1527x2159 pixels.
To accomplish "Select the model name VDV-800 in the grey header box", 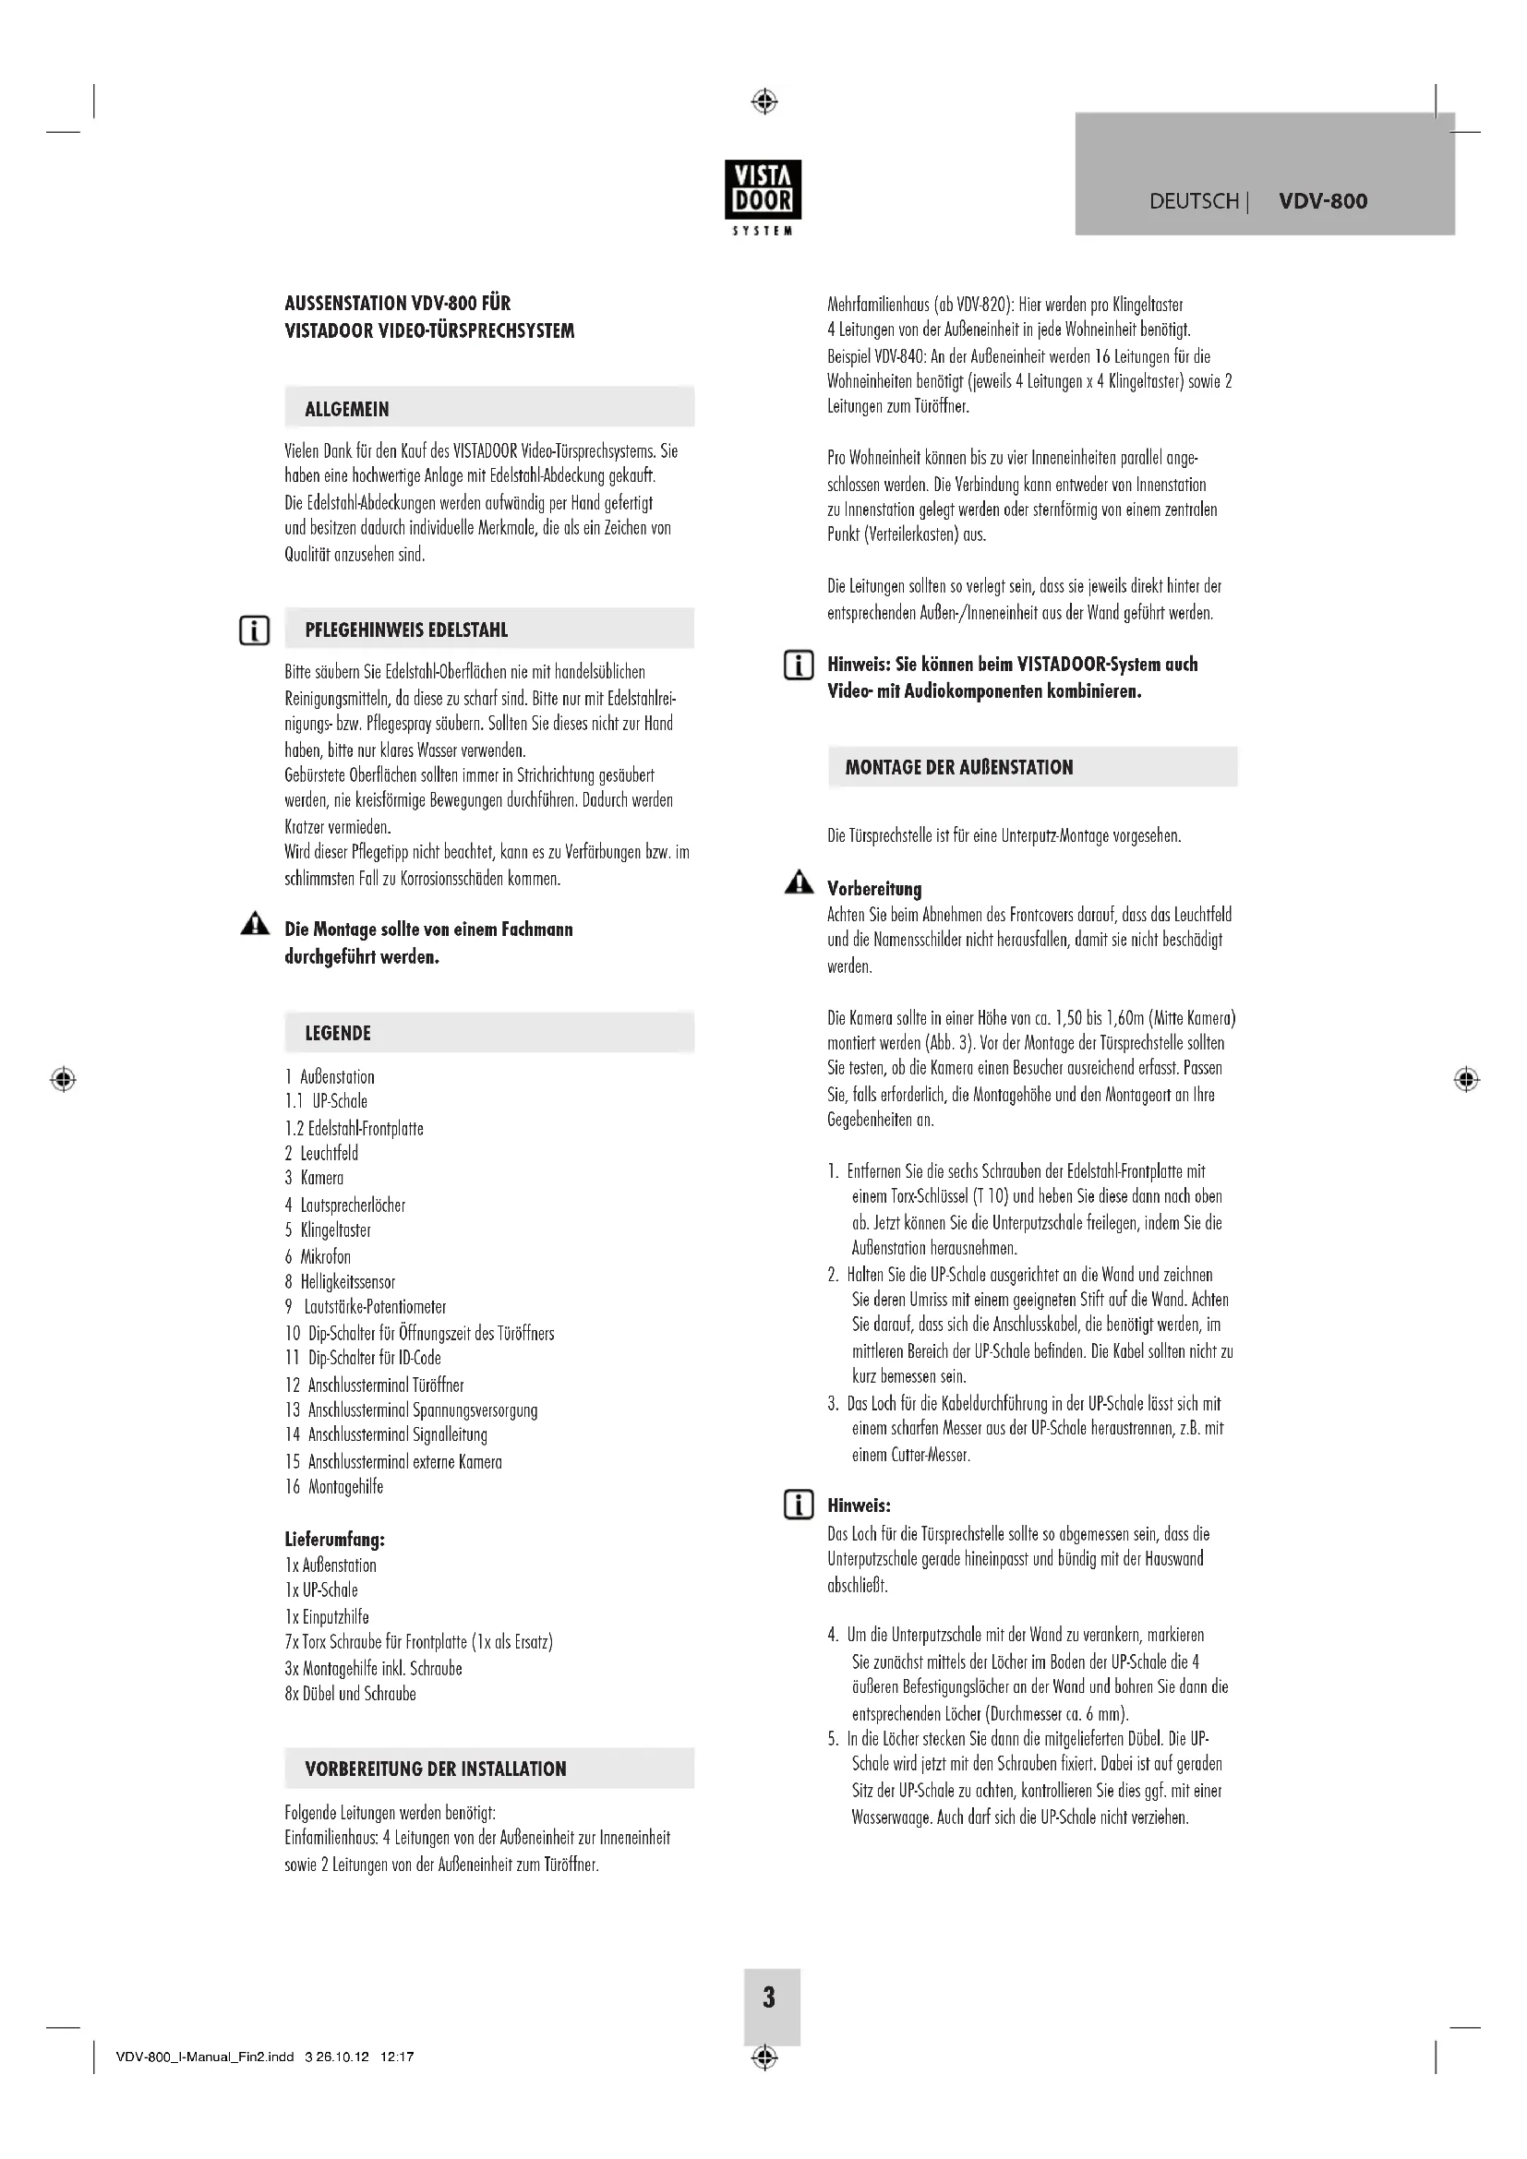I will pos(1322,200).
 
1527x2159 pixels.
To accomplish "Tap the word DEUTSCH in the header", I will pos(1193,201).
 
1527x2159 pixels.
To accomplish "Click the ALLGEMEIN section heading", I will pos(346,409).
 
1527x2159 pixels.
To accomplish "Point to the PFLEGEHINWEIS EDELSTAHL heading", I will pos(405,630).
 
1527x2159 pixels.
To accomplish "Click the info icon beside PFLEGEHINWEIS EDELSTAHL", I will pos(254,630).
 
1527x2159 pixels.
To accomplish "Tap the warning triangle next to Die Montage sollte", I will pos(254,925).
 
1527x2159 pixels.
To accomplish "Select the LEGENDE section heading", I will pos(338,1034).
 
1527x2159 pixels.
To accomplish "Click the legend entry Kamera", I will pos(321,1178).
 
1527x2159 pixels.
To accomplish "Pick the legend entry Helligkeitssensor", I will pos(347,1282).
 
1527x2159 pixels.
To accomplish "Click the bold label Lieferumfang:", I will pos(334,1540).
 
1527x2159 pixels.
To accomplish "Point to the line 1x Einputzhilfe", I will pos(326,1616).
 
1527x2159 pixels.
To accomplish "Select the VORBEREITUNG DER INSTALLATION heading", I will pos(436,1769).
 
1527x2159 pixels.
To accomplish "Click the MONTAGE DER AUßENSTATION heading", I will pos(958,767).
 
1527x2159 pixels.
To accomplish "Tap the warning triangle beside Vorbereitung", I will pos(799,882).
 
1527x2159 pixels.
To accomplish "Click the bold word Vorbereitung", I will pos(873,889).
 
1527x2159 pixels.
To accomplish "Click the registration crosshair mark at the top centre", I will pos(764,101).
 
